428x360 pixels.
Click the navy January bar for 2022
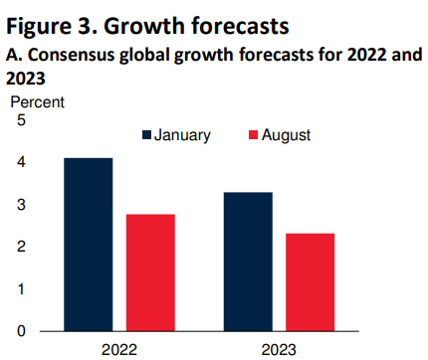90,245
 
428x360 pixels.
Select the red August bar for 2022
150,272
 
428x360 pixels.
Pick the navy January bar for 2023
248,262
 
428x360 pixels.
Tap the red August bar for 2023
310,282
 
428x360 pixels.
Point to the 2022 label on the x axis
119,349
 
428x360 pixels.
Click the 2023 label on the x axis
279,349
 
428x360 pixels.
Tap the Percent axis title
37,101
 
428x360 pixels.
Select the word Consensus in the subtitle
71,56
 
